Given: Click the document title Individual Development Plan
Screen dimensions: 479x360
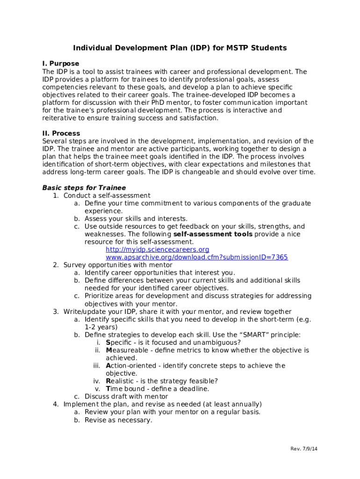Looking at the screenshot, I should click(x=180, y=48).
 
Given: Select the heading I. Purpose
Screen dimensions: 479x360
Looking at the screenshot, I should click(x=61, y=64).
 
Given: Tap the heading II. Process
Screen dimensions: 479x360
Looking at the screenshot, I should click(x=61, y=133).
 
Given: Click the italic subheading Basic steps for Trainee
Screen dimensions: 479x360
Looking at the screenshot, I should click(x=84, y=188).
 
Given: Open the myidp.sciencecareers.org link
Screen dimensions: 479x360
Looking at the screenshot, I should click(x=157, y=250).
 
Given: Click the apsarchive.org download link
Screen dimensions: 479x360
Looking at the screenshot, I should click(x=196, y=257).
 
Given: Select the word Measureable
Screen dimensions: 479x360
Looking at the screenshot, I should click(x=125, y=350).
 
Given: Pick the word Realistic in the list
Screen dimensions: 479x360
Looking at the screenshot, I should click(x=120, y=381).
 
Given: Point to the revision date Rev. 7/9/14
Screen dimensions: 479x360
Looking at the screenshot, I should click(x=304, y=449).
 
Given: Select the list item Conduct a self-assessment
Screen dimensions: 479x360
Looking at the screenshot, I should click(x=107, y=196).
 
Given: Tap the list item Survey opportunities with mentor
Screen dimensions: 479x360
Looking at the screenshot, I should click(x=118, y=265).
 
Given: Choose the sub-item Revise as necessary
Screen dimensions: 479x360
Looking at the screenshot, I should click(x=118, y=420).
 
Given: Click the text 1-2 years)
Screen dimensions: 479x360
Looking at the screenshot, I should click(x=101, y=327).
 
